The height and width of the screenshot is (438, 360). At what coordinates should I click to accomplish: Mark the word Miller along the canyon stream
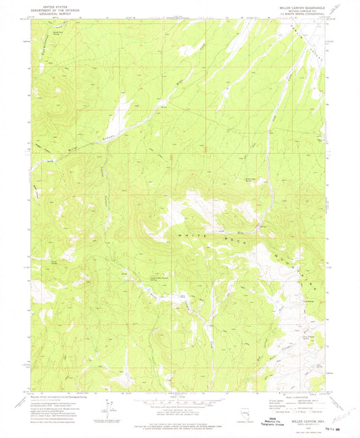72,150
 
